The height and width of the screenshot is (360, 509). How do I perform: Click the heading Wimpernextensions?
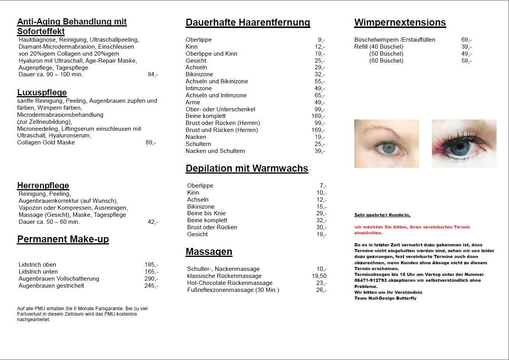point(400,23)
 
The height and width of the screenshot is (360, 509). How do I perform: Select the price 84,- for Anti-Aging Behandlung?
point(153,74)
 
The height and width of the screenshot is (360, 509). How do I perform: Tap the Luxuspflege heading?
point(42,93)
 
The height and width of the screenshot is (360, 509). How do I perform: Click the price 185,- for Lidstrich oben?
point(151,265)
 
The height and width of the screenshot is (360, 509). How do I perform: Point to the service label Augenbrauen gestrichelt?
point(51,286)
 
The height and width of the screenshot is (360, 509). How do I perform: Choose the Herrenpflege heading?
point(43,186)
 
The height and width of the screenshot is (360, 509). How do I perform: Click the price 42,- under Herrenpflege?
point(153,222)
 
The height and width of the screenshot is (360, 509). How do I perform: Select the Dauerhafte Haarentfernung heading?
point(248,23)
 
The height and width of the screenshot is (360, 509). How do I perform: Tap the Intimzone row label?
point(199,88)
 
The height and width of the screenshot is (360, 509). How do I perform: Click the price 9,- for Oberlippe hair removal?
point(321,40)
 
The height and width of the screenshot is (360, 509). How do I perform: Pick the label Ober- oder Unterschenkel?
point(220,109)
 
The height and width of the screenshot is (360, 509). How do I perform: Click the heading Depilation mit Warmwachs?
point(247,169)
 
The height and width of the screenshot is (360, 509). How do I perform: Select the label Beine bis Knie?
point(206,213)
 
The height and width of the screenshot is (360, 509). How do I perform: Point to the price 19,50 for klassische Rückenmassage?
point(319,276)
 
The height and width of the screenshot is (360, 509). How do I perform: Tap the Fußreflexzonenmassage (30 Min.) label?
point(233,290)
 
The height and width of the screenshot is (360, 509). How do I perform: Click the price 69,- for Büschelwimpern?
point(467,40)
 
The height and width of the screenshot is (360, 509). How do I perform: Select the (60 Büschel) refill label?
point(386,61)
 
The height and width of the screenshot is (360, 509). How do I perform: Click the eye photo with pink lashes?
point(464,144)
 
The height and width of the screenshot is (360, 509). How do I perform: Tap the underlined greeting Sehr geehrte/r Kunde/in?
point(382,215)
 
